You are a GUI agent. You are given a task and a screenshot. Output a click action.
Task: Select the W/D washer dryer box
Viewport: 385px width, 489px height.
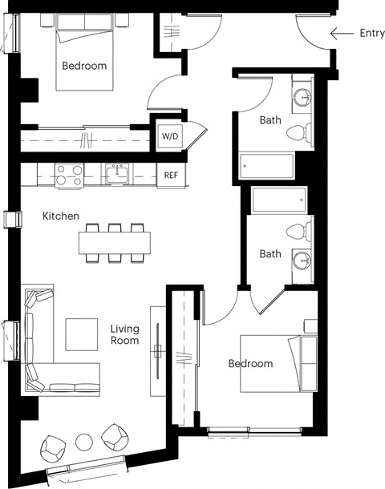pyautogui.click(x=171, y=136)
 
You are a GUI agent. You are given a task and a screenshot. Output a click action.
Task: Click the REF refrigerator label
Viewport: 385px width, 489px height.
pyautogui.click(x=171, y=174)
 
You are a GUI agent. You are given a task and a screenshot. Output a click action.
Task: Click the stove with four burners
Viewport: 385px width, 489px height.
pyautogui.click(x=69, y=173)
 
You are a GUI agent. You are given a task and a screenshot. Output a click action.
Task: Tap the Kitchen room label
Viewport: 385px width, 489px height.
pyautogui.click(x=61, y=216)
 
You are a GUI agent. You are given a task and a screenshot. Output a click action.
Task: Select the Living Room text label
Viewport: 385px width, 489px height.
pyautogui.click(x=124, y=334)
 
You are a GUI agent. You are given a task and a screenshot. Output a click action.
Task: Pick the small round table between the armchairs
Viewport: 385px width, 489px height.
pyautogui.click(x=85, y=441)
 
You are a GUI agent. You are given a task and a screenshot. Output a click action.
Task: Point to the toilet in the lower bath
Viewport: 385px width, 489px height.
pyautogui.click(x=300, y=231)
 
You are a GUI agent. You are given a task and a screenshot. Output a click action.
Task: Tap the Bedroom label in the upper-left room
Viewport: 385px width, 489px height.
pyautogui.click(x=84, y=66)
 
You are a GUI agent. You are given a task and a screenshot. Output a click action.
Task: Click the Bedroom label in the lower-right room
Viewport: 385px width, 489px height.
pyautogui.click(x=250, y=363)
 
